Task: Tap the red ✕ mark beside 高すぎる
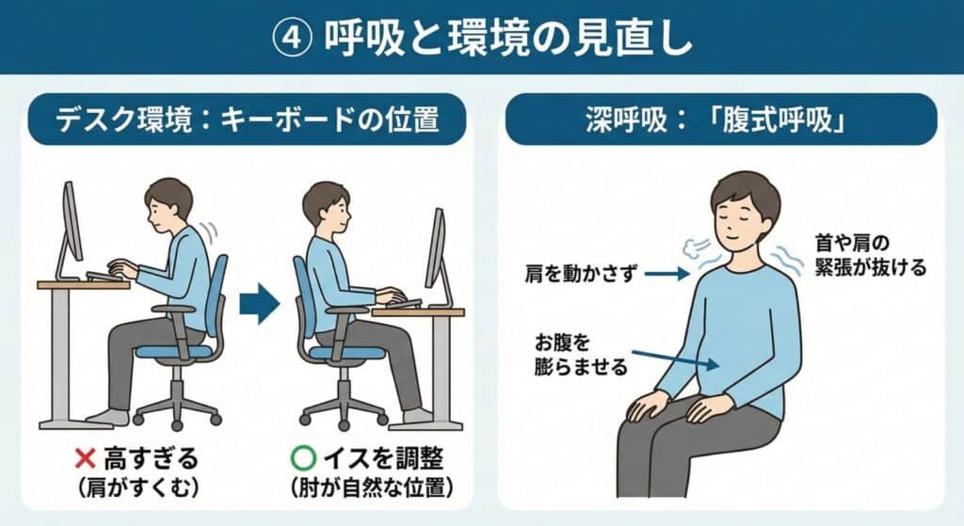coord(85,458)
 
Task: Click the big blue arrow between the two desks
coord(259,303)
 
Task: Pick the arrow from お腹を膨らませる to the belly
coord(675,359)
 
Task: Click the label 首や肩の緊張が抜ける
coord(870,255)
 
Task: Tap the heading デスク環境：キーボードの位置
coord(248,120)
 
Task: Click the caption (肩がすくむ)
coord(139,488)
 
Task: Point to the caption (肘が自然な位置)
coord(372,488)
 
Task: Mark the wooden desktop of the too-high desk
coord(84,284)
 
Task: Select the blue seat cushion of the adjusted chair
coord(347,353)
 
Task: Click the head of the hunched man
coord(168,204)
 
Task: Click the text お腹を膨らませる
coord(581,355)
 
